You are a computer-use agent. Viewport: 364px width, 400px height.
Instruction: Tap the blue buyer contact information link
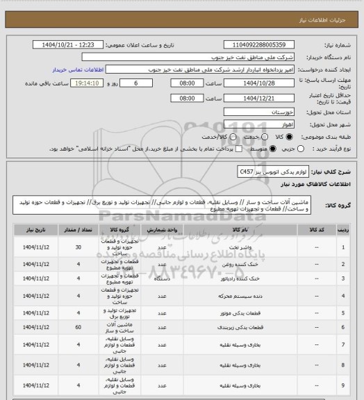coord(76,70)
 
